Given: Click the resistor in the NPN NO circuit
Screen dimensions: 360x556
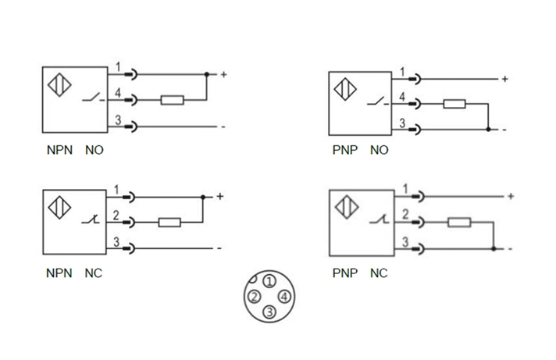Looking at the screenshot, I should click(x=172, y=100).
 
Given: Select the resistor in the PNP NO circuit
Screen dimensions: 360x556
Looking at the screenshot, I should click(x=454, y=104).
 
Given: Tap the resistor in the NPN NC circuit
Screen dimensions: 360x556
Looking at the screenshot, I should click(x=169, y=223).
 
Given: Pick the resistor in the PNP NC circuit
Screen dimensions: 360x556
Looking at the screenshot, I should click(x=458, y=223).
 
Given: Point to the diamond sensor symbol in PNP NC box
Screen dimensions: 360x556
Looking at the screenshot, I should click(x=345, y=207).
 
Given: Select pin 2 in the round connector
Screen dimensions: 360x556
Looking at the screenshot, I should click(x=254, y=297).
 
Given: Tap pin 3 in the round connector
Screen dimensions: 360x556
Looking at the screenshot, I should click(x=269, y=312).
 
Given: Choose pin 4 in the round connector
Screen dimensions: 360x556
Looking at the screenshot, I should click(x=284, y=297).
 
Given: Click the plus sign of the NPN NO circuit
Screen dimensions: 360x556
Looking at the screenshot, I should click(x=223, y=75).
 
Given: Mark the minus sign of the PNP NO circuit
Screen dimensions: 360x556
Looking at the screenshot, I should click(x=505, y=129).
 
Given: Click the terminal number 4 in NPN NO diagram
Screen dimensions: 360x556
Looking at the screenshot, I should click(x=118, y=94).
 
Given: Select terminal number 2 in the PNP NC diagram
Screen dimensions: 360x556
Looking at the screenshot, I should click(x=405, y=215).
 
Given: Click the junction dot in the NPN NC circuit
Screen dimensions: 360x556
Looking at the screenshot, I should click(x=203, y=197).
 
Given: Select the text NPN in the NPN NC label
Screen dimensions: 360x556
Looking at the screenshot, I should click(x=59, y=273).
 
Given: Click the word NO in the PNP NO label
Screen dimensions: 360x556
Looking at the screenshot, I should click(x=379, y=150).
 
